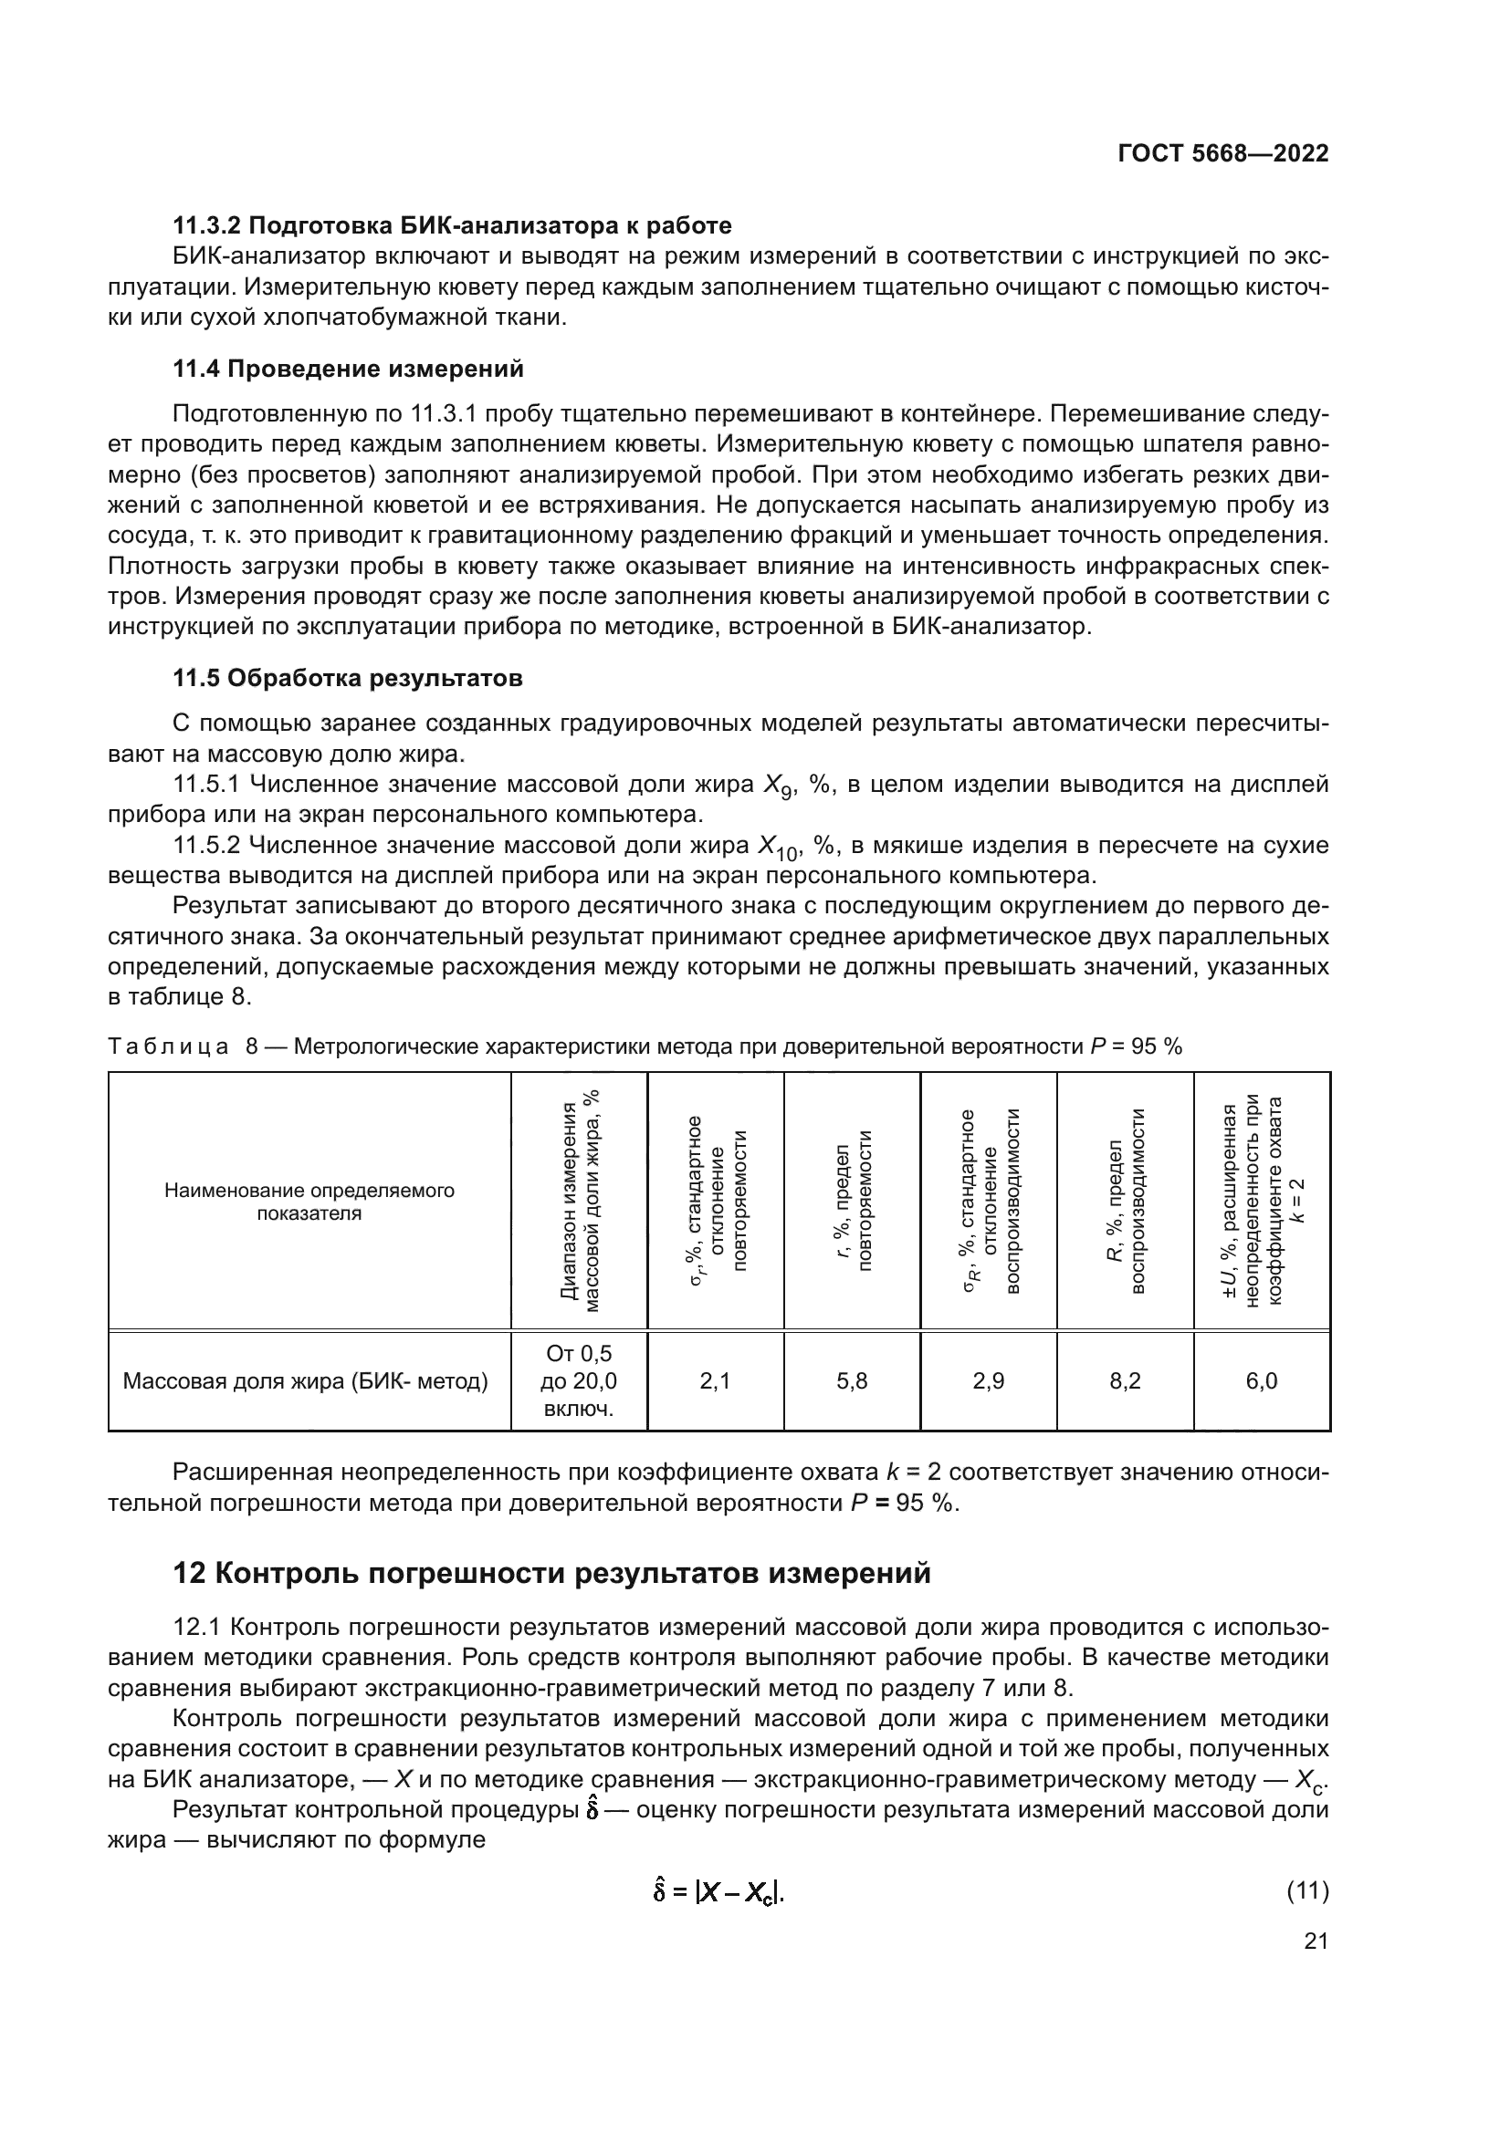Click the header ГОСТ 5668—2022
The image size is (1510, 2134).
(x=1222, y=154)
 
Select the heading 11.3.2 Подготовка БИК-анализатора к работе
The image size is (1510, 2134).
(x=452, y=226)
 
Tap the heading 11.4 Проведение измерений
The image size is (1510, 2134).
(x=348, y=369)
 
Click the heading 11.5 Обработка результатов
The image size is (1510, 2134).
(x=348, y=679)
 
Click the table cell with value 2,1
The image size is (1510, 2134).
(x=715, y=1381)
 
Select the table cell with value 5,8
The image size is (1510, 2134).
(x=852, y=1381)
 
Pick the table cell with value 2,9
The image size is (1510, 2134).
(x=989, y=1381)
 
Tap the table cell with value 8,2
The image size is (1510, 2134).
(x=1125, y=1381)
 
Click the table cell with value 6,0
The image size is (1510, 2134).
(x=1262, y=1381)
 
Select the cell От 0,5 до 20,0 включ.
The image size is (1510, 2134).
(x=578, y=1381)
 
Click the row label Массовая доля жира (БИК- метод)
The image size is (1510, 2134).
(x=306, y=1381)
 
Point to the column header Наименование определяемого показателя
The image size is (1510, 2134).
(x=309, y=1202)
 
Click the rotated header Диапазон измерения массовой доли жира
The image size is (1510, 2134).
(x=578, y=1202)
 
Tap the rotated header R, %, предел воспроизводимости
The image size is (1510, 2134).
(x=1125, y=1202)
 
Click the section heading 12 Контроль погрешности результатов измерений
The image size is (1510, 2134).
(x=551, y=1574)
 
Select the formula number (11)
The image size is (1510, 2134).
(x=1307, y=1890)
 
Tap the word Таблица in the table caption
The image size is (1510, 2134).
(x=168, y=1046)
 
